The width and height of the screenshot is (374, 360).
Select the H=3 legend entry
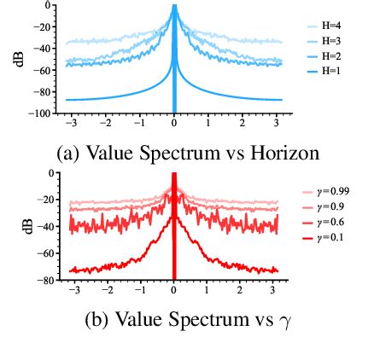pos(328,40)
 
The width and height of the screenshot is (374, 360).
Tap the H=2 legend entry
pos(328,53)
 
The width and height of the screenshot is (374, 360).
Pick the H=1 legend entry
pos(328,66)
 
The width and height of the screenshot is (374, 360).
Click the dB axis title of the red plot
pos(28,225)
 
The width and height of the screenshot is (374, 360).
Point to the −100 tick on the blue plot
pos(42,113)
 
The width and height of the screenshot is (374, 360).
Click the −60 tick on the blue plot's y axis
pos(44,70)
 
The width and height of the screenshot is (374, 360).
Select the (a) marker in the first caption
pos(69,154)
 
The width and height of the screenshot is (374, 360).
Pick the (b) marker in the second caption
pos(99,322)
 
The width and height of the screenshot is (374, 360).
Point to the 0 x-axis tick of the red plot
pos(174,291)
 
